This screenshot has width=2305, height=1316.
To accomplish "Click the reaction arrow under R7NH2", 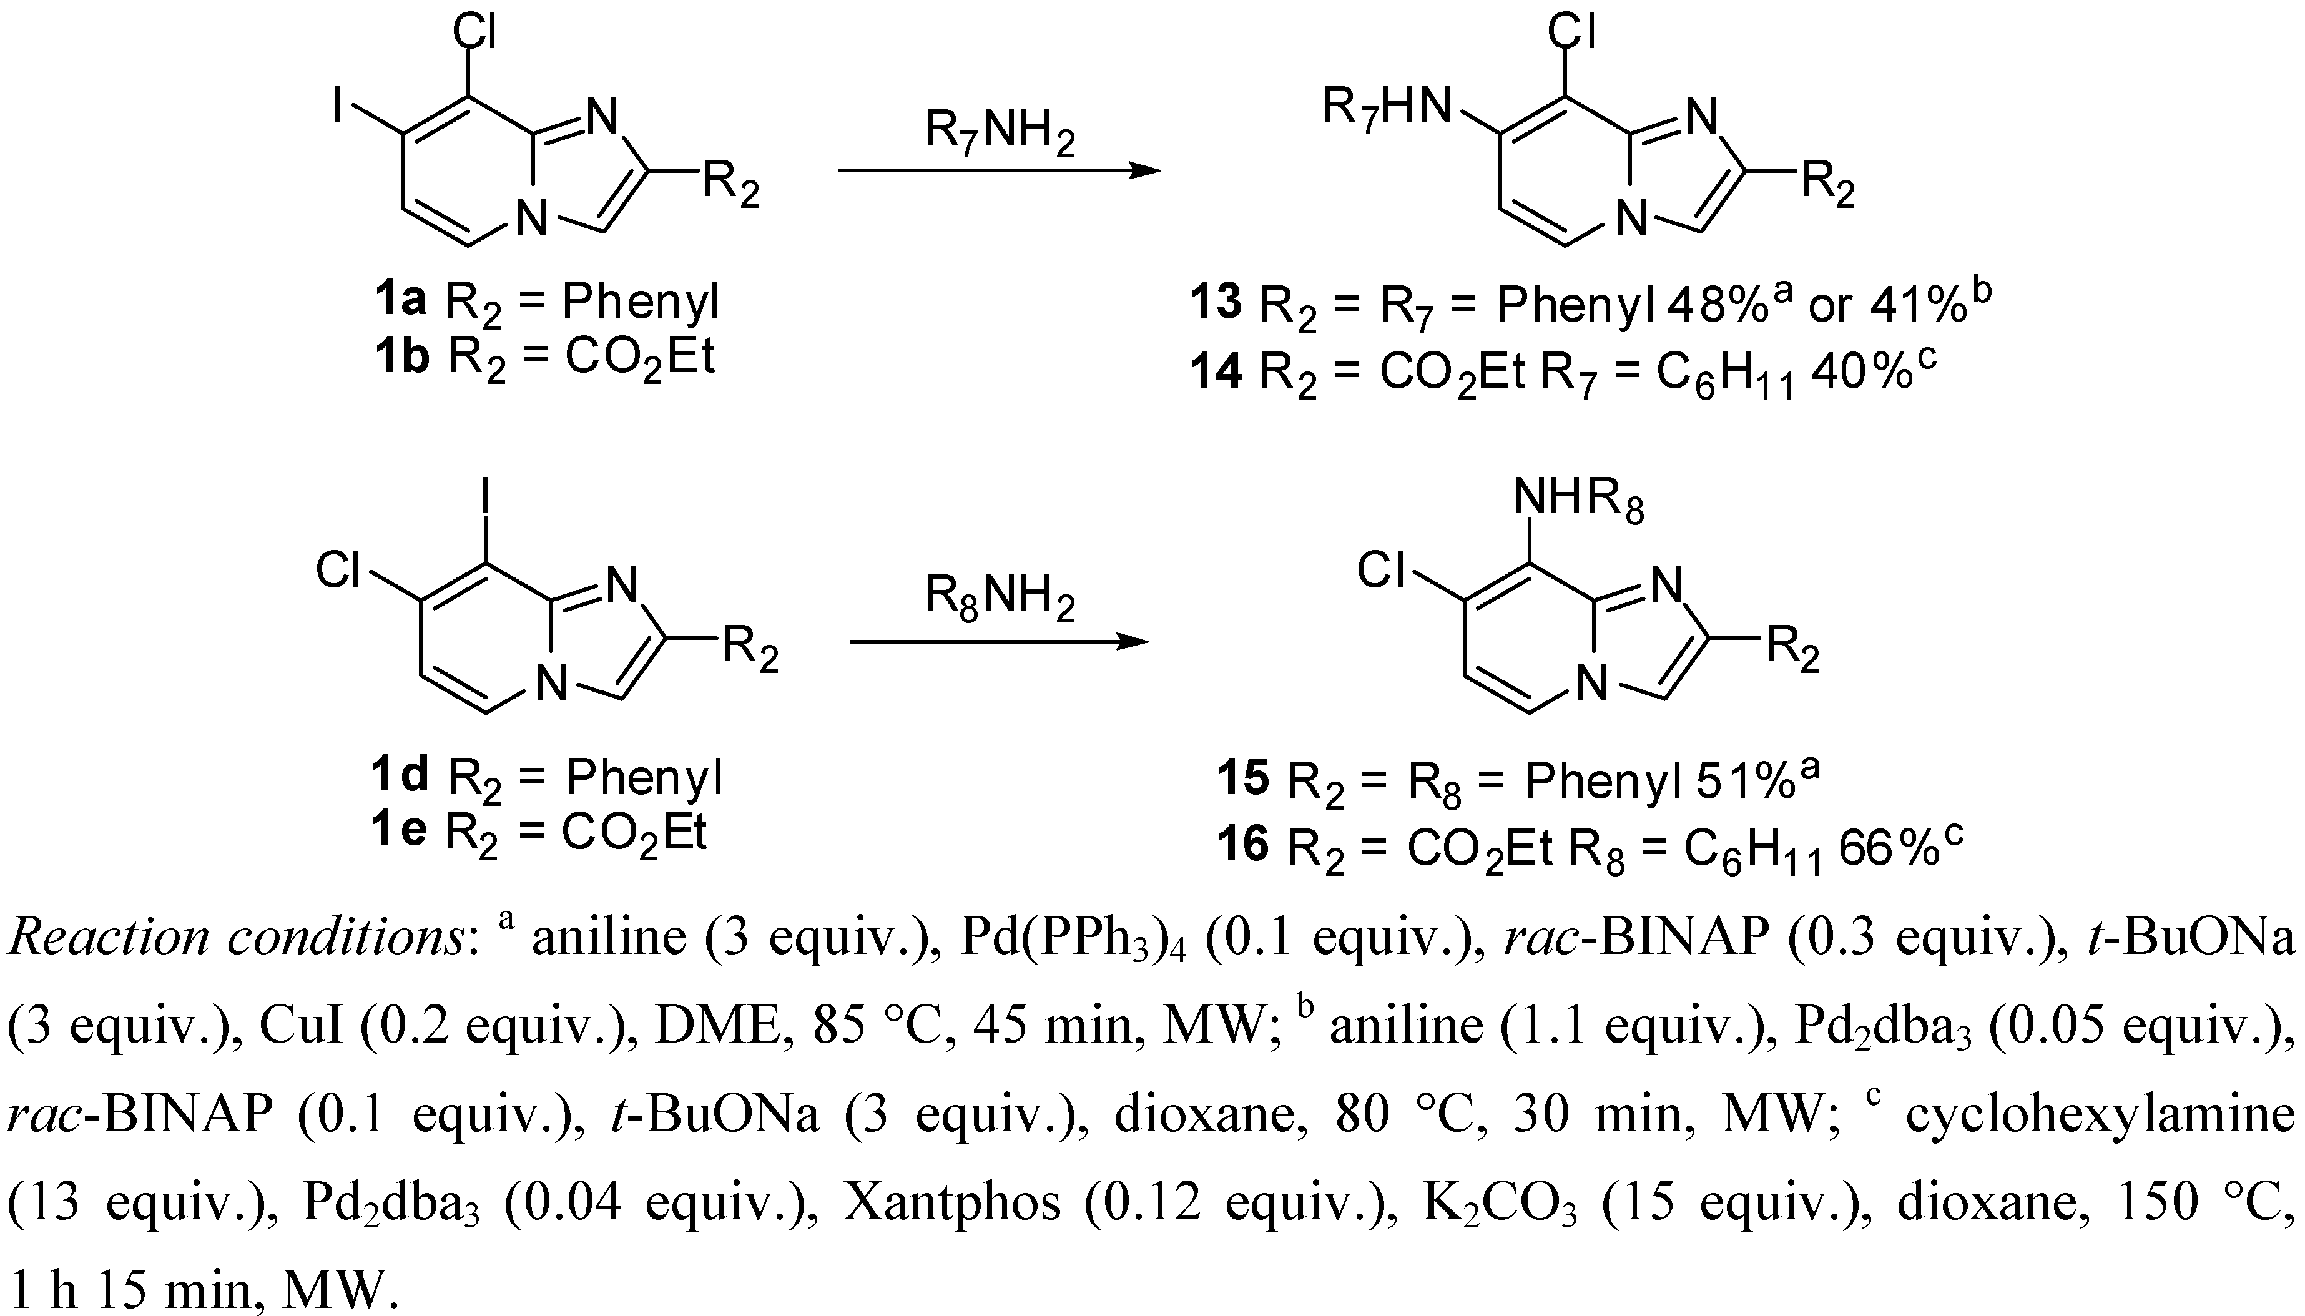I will tap(999, 170).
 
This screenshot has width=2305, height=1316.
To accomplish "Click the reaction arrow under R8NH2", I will tap(999, 642).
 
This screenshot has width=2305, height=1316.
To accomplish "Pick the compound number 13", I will tap(1216, 302).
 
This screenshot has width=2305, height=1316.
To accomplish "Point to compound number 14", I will tap(1216, 371).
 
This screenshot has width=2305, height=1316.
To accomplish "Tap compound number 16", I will tap(1243, 846).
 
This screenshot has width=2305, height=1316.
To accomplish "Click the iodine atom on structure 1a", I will tap(337, 109).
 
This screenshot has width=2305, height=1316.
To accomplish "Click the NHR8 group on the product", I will tap(1577, 499).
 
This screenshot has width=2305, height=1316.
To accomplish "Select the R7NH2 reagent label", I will tap(999, 132).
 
